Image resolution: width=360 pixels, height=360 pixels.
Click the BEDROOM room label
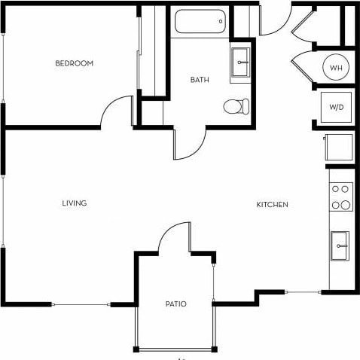pos(74,64)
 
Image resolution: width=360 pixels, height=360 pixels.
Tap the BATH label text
pos(200,79)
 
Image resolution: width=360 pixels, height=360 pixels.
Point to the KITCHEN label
pos(273,205)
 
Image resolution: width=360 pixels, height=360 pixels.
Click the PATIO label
pos(176,304)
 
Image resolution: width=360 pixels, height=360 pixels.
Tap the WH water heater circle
pos(336,69)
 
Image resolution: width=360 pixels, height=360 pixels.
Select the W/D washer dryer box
pos(336,106)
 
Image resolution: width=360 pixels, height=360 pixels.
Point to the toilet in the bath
pos(236,106)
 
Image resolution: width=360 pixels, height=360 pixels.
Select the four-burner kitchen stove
pos(341,197)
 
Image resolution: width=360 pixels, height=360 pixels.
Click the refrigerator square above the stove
pos(337,146)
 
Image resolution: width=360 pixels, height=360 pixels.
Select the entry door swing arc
pos(273,23)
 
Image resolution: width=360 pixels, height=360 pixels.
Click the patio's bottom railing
pos(175,349)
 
